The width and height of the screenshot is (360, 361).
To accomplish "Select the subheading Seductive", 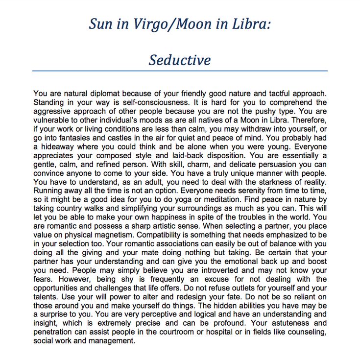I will [180, 60].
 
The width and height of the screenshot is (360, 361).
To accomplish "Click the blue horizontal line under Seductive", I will [180, 71].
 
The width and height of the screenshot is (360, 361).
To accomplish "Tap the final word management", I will [111, 341].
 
